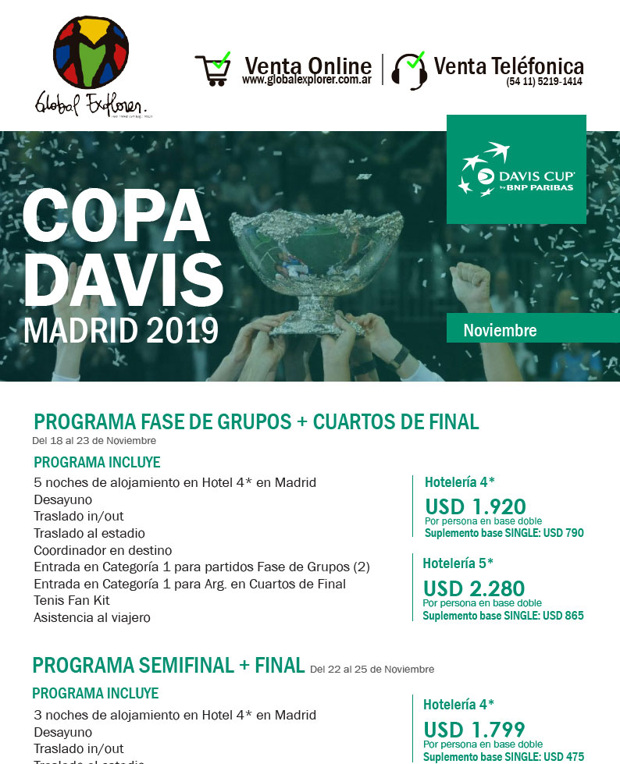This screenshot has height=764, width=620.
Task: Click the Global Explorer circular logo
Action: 91,55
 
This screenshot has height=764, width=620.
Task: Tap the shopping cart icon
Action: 212,69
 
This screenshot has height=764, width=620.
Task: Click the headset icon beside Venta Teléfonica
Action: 408,70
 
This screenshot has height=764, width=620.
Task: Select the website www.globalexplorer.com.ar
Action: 307,80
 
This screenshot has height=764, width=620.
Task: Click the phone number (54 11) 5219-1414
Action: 543,81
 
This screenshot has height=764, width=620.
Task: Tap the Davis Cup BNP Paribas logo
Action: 516,169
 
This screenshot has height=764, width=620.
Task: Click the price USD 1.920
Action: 476,506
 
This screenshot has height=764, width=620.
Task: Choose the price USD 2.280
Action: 474,588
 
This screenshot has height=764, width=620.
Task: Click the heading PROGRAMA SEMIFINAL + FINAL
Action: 168,665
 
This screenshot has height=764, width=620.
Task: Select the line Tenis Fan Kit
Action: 72,600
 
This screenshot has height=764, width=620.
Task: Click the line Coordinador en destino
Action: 103,550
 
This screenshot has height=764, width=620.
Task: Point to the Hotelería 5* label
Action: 458,563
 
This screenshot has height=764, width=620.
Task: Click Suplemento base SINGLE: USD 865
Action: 503,616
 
